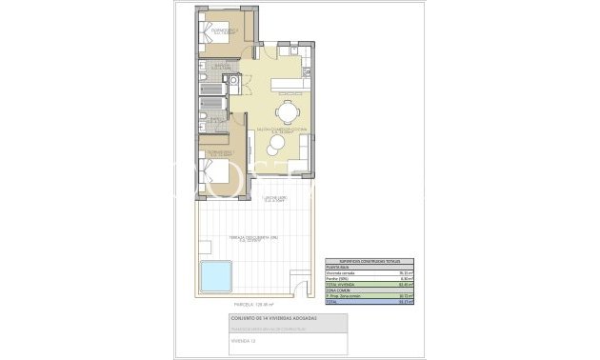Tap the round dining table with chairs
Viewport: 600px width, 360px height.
point(289,108)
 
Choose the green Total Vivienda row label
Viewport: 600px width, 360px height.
point(341,283)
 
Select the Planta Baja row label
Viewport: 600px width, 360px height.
point(337,266)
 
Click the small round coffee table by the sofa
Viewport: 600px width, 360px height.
point(276,145)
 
